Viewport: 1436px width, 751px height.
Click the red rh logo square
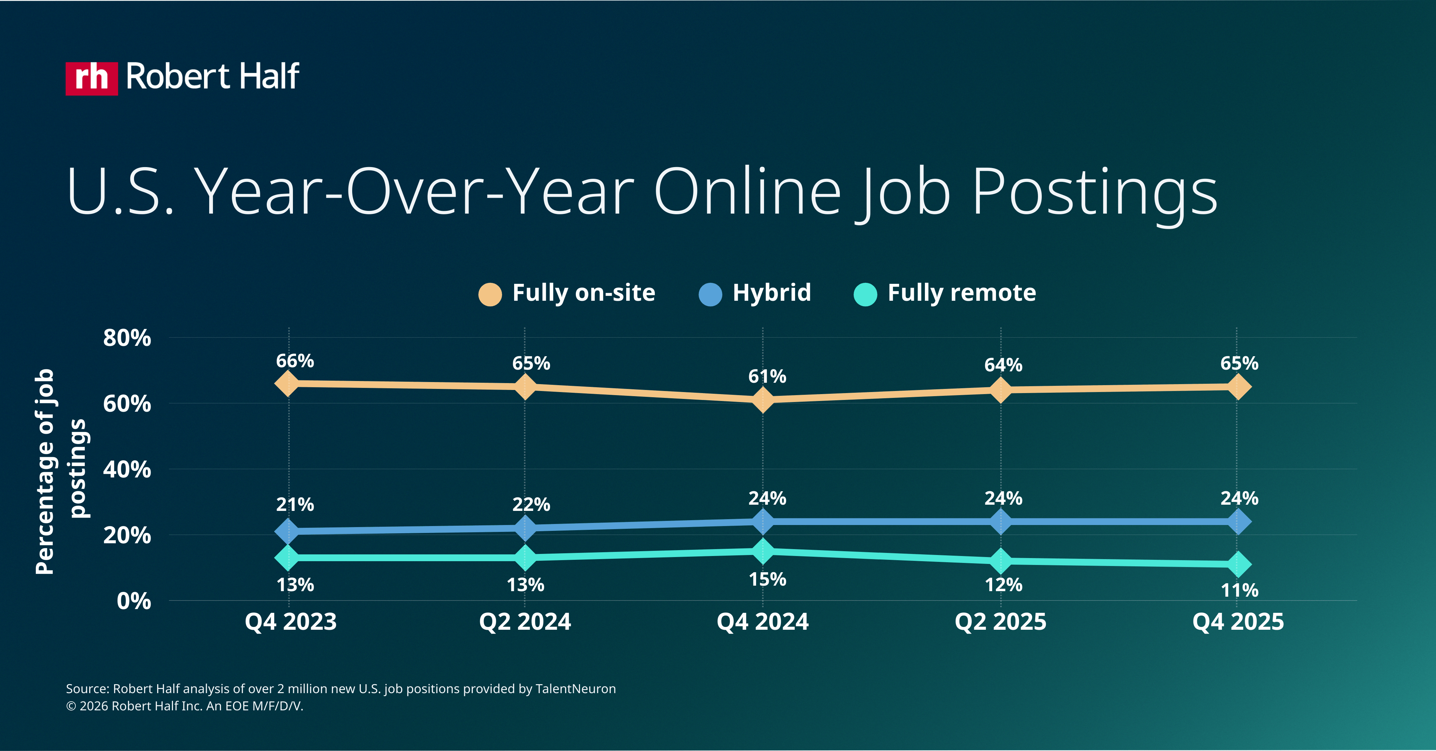[91, 79]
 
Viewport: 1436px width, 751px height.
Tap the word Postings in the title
[1094, 192]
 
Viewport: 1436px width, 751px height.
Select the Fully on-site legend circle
[490, 294]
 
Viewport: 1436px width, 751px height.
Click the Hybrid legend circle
[710, 294]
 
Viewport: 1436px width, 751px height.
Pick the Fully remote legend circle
[865, 294]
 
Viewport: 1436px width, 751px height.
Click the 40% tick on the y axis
[127, 470]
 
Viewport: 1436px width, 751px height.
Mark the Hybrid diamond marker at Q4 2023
[288, 531]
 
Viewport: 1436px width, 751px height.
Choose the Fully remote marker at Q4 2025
[1238, 564]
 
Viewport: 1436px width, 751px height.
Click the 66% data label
[295, 361]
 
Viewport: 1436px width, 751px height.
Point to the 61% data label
[767, 377]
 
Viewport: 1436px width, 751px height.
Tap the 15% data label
[767, 579]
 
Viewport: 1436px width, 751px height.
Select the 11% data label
[1239, 590]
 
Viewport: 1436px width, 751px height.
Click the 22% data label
[531, 505]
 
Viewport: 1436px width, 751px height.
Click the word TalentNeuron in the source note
[575, 689]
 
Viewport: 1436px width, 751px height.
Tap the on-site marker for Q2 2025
[1001, 389]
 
